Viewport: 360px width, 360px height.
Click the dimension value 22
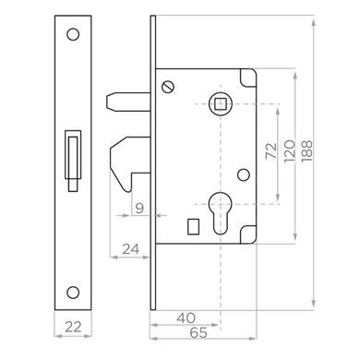(x=73, y=327)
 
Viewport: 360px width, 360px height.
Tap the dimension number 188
(x=306, y=151)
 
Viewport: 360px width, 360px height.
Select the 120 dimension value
(x=290, y=151)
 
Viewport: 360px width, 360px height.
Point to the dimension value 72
(x=271, y=151)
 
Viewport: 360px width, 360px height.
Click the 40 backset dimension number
(x=186, y=318)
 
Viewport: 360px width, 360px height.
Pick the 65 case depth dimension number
(x=198, y=332)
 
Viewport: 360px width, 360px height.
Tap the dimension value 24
(x=131, y=249)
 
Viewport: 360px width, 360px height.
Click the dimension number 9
(x=139, y=208)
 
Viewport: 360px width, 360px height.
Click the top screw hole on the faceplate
(x=73, y=34)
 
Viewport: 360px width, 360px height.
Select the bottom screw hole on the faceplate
(x=73, y=292)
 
